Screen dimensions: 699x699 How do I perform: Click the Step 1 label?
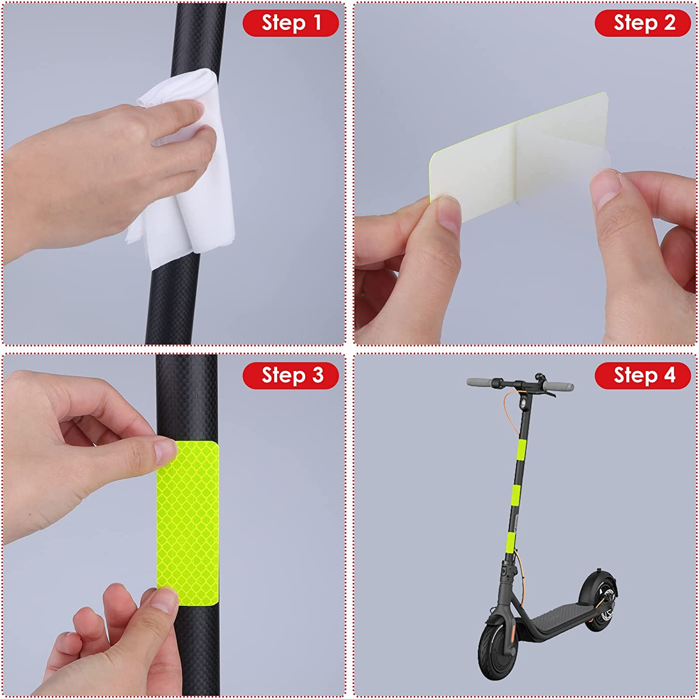(290, 23)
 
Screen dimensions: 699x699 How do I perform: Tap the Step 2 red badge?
(643, 23)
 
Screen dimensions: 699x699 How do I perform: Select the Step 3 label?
(290, 375)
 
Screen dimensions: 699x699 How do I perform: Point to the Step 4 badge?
(643, 375)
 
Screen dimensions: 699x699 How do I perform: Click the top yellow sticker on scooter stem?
(521, 449)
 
